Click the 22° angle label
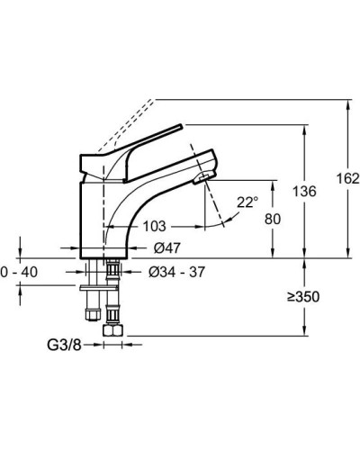tap(247, 202)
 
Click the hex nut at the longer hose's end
tap(112, 330)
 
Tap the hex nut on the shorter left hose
tap(91, 315)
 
